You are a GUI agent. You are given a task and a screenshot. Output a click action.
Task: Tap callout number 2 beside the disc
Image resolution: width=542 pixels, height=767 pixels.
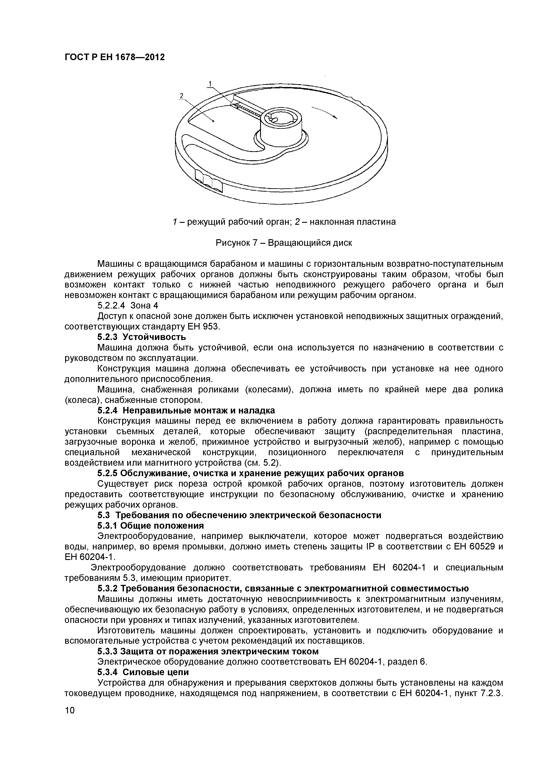point(181,96)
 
